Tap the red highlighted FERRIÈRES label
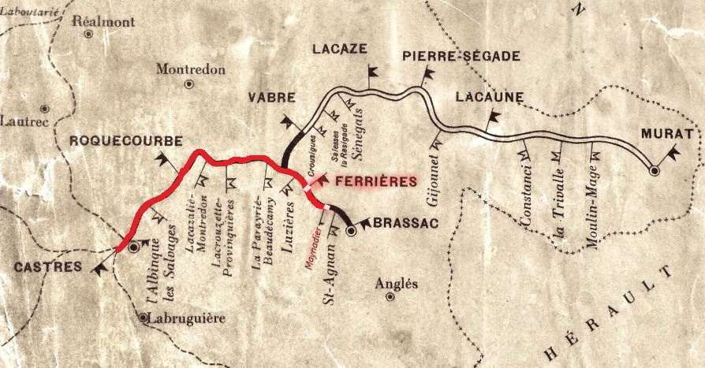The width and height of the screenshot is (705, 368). coord(375,181)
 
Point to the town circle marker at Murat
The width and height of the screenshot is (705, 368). coord(654,170)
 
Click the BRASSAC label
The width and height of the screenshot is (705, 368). coord(404,223)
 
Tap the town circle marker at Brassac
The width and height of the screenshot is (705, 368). coord(352,232)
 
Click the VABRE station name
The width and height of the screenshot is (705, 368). coord(271,99)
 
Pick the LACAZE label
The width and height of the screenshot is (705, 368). coord(339,49)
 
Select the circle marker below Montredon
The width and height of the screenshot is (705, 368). coord(188,84)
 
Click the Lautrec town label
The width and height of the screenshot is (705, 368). coord(25,122)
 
